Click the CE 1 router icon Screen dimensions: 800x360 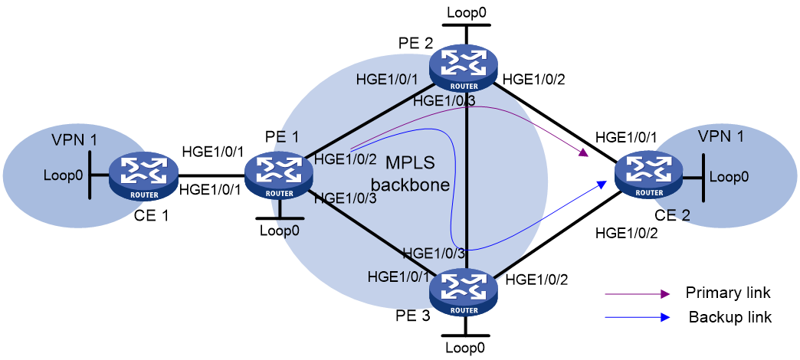pyautogui.click(x=143, y=175)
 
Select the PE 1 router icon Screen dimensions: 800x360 pyautogui.click(x=279, y=177)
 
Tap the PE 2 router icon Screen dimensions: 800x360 pyautogui.click(x=464, y=70)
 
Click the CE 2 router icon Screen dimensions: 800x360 pyautogui.click(x=649, y=177)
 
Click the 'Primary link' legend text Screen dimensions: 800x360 pyautogui.click(x=728, y=293)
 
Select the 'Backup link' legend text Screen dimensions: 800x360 pyautogui.click(x=730, y=317)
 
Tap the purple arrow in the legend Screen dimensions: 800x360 pyautogui.click(x=638, y=294)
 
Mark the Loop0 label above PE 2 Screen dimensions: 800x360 pyautogui.click(x=466, y=13)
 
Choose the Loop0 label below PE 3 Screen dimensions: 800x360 pyautogui.click(x=465, y=349)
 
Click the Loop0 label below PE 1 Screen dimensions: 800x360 pyautogui.click(x=280, y=230)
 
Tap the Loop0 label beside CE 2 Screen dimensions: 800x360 pyautogui.click(x=730, y=177)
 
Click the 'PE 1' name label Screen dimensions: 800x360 pyautogui.click(x=281, y=136)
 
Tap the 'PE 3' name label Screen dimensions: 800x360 pyautogui.click(x=412, y=316)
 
